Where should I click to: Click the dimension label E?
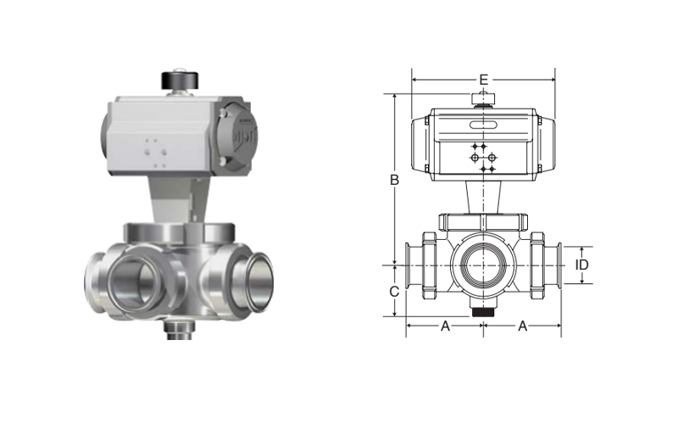(483, 80)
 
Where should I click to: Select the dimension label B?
(394, 180)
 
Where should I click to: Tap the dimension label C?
(394, 292)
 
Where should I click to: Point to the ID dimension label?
(582, 265)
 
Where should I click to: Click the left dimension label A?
(445, 326)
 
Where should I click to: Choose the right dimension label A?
(522, 326)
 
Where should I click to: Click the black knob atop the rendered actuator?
(180, 81)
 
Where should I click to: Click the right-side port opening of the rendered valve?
(253, 282)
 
